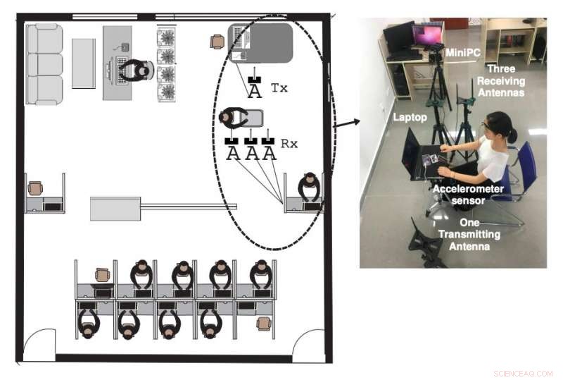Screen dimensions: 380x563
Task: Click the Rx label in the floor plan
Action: (289, 144)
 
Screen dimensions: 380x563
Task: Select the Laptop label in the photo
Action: (409, 118)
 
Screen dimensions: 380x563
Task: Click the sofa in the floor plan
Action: (44, 63)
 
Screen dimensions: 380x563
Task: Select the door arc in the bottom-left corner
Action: (39, 343)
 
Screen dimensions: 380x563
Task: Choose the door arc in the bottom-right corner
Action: (308, 344)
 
